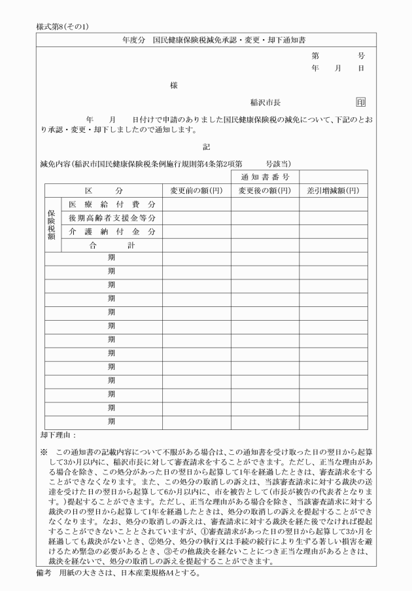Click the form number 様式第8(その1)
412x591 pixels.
63,27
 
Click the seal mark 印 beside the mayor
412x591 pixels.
361,102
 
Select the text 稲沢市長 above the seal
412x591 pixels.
266,103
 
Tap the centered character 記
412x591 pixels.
207,147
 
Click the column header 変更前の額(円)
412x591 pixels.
196,190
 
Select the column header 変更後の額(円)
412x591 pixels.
265,190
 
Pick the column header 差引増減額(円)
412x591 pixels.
333,190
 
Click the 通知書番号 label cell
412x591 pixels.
265,177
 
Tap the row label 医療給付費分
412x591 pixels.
112,204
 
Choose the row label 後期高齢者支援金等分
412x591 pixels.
112,218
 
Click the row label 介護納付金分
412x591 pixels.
112,232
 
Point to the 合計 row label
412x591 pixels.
112,245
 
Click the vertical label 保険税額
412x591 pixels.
52,224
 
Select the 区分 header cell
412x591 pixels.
103,190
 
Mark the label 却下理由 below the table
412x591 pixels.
58,434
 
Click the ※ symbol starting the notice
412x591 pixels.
44,452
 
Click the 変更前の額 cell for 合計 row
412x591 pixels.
196,245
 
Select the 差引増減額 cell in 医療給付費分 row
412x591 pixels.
333,204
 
